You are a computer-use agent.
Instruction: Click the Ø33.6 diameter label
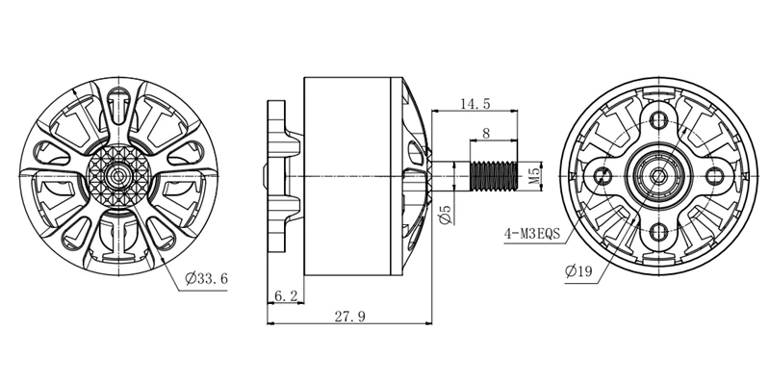tap(207, 279)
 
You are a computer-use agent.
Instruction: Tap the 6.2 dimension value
tap(286, 295)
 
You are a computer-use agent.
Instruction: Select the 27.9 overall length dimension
tap(349, 317)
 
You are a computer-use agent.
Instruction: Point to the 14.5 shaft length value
tap(475, 104)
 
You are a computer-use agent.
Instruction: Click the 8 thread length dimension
tap(486, 133)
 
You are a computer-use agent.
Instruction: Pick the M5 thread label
tap(535, 176)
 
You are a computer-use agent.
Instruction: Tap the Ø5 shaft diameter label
tap(446, 215)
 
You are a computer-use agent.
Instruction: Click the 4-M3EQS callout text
tap(532, 233)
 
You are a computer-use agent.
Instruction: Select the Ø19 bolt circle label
tap(578, 270)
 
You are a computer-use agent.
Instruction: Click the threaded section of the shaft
tap(494, 176)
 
